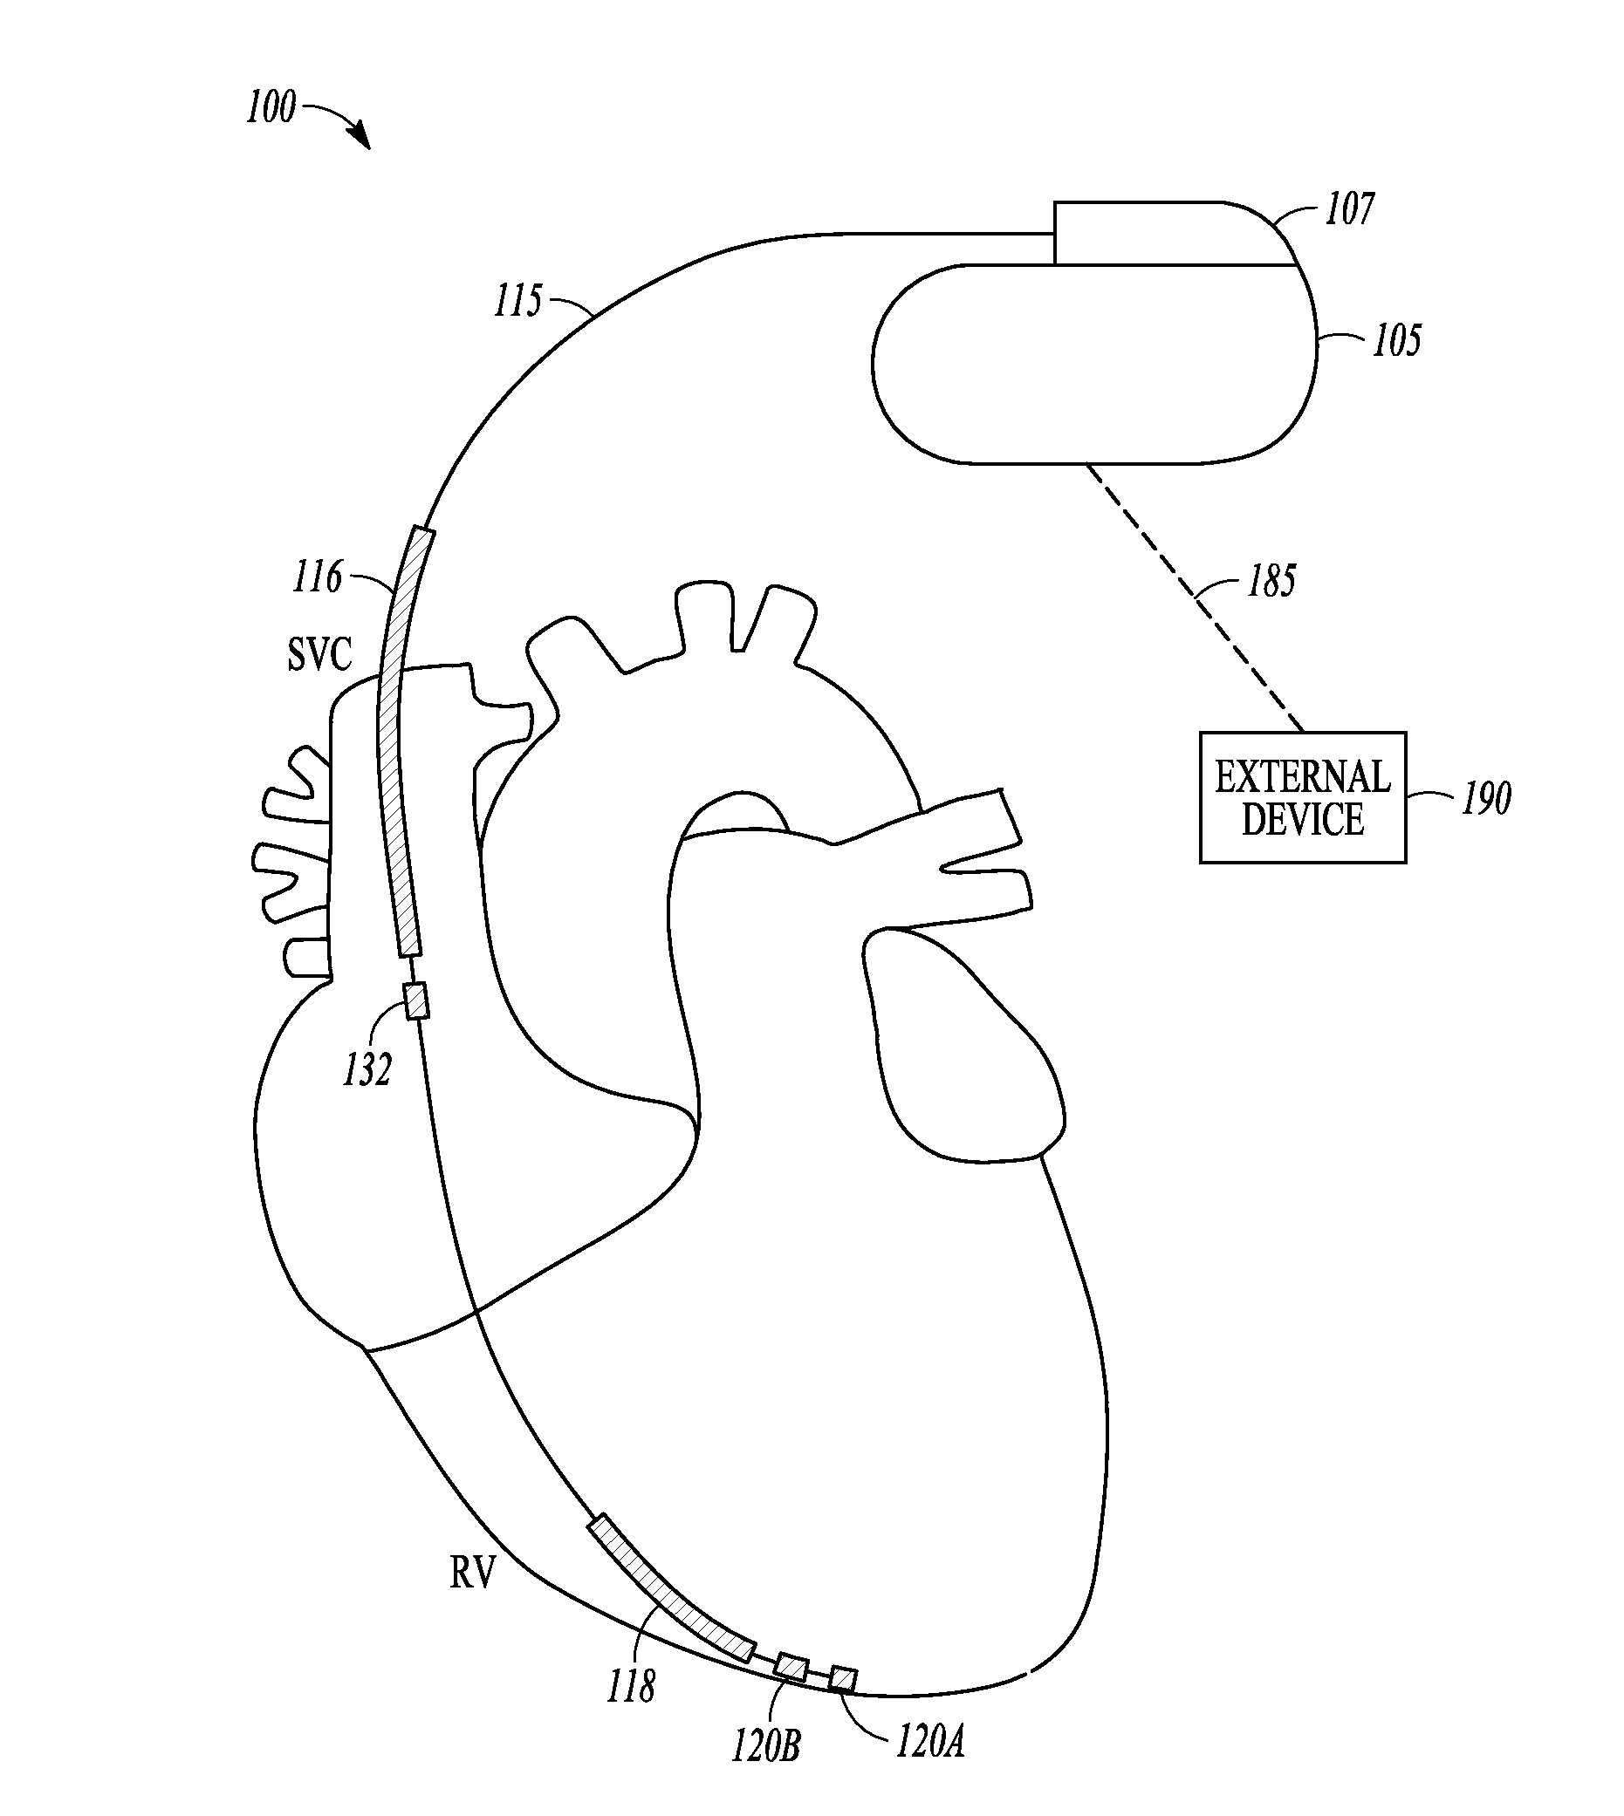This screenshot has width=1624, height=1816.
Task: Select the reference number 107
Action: coord(1349,209)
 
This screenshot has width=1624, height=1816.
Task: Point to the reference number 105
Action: coord(1396,341)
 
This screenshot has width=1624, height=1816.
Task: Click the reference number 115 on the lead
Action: coord(517,302)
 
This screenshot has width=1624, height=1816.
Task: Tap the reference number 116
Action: coord(317,577)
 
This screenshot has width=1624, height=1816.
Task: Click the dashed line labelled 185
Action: coord(1196,597)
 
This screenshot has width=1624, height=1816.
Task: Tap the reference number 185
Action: coord(1271,582)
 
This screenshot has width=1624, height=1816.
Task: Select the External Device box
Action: coord(1302,798)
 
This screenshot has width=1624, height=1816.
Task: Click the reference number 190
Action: coord(1486,798)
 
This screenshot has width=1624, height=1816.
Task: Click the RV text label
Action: coord(472,1574)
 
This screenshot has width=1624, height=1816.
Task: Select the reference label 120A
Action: coord(929,1739)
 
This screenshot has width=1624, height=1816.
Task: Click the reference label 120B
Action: coord(765,1744)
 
